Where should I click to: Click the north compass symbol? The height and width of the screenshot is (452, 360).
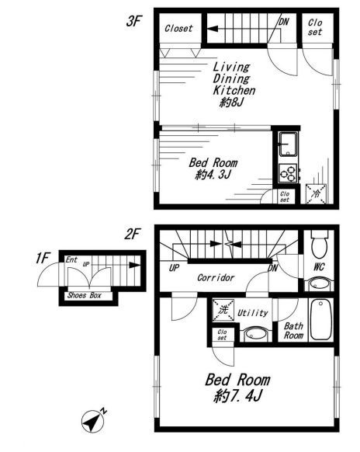(x=93, y=421)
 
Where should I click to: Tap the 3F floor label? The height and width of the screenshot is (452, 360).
(x=133, y=21)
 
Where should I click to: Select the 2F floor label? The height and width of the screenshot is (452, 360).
(x=132, y=234)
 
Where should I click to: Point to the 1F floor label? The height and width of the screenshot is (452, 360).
(x=43, y=258)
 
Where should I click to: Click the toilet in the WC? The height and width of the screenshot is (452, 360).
(x=319, y=244)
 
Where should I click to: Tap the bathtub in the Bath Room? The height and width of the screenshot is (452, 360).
(x=320, y=320)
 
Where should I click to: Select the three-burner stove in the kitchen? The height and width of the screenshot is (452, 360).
(x=289, y=173)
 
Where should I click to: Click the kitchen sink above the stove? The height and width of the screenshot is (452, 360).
(x=288, y=144)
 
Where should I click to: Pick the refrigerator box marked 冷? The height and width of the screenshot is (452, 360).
(x=316, y=193)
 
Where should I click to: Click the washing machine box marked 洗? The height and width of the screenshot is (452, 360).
(x=223, y=310)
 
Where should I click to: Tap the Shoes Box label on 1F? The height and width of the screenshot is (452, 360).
(x=85, y=295)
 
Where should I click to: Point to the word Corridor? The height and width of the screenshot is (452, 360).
(x=216, y=277)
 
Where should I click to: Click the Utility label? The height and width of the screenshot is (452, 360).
(x=253, y=313)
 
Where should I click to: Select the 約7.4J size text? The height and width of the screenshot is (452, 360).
(x=238, y=396)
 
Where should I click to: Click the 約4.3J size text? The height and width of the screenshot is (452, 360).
(x=213, y=175)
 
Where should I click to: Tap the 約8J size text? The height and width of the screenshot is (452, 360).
(x=232, y=102)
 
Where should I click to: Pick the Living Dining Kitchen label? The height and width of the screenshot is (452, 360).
(x=234, y=78)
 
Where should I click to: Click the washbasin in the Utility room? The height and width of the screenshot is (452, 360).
(x=256, y=335)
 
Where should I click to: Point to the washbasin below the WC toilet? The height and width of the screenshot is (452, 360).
(x=318, y=284)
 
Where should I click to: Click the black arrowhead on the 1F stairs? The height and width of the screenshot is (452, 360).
(x=134, y=265)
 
